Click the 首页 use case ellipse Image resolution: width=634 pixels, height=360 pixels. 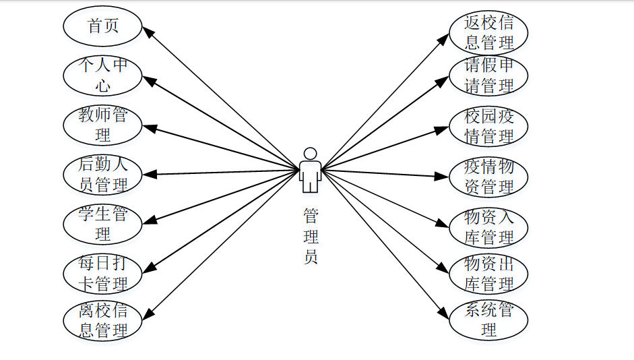(x=102, y=26)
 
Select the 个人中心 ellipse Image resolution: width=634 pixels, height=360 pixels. (x=102, y=76)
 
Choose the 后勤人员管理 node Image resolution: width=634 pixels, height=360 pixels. (x=102, y=175)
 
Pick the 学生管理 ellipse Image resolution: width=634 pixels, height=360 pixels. (x=102, y=224)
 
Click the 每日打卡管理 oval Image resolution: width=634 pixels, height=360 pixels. (x=102, y=273)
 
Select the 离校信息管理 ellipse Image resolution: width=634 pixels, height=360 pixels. (x=102, y=322)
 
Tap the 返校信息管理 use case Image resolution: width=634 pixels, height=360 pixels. (x=488, y=32)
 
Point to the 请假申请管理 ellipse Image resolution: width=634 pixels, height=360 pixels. (x=488, y=76)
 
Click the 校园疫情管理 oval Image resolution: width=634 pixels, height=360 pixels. (x=488, y=126)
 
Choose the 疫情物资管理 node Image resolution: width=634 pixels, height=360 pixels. (x=488, y=176)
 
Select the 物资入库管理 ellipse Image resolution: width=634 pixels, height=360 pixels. (x=488, y=227)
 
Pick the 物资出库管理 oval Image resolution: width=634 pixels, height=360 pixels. (x=488, y=272)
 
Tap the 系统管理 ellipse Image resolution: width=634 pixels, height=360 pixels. (x=488, y=320)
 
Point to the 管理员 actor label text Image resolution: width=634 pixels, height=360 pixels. (x=311, y=236)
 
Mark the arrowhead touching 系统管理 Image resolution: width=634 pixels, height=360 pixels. (x=443, y=313)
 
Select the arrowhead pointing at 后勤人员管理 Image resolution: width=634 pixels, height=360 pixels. (x=150, y=175)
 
